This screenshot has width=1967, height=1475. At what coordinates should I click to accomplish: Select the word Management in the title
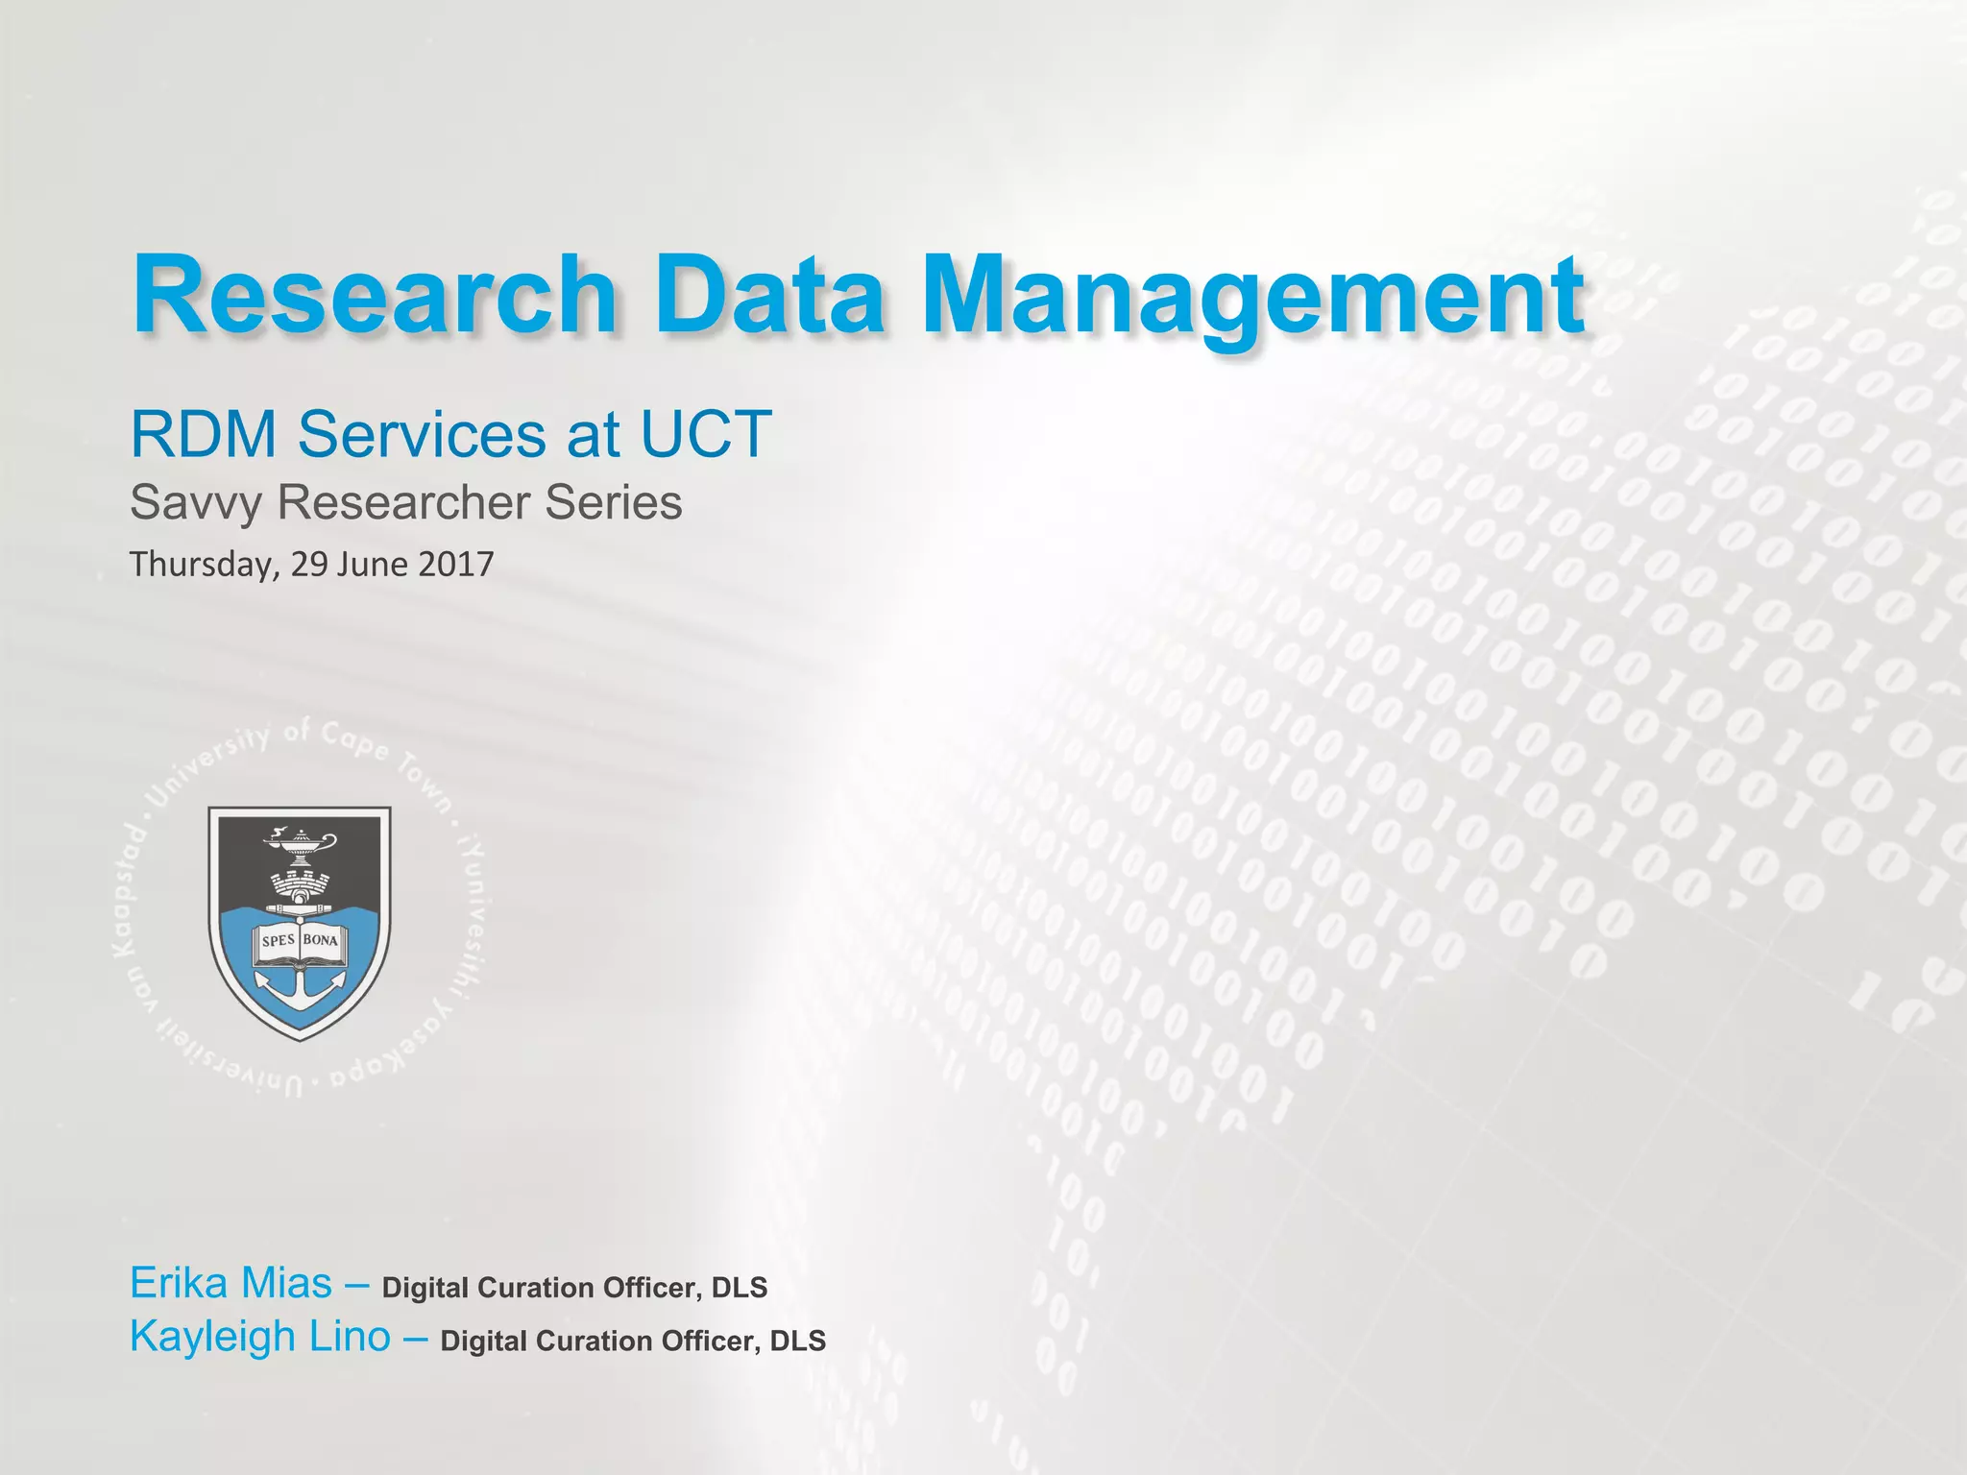(1252, 296)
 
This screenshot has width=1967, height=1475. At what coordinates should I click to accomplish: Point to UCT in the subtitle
(705, 435)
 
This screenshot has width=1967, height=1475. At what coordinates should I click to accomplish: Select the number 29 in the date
(309, 564)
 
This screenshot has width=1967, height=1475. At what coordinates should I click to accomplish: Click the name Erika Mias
(231, 1284)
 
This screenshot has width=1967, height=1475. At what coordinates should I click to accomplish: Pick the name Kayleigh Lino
(260, 1337)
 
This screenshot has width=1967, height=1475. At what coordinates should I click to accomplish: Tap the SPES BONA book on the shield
(300, 940)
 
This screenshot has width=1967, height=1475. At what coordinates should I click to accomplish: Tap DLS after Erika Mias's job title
(739, 1288)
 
